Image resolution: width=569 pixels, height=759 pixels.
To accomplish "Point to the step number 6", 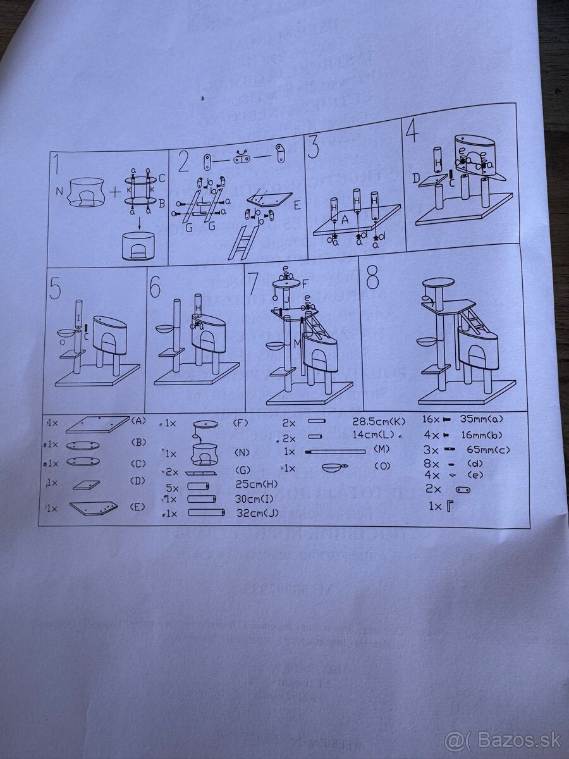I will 156,288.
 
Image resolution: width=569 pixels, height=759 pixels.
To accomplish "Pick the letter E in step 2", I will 297,206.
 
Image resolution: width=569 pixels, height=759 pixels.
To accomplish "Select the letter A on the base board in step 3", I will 345,221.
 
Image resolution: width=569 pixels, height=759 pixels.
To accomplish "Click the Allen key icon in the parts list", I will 450,507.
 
